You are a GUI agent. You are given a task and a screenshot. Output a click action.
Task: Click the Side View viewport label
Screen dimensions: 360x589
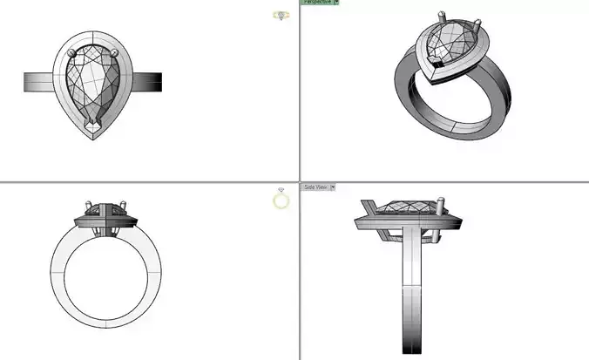[315, 187]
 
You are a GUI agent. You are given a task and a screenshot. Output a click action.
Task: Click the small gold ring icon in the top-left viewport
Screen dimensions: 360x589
[280, 16]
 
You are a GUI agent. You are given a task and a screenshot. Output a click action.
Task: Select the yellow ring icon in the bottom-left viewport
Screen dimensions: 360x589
[281, 200]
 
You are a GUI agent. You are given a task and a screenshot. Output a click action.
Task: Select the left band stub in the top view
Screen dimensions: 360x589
[38, 81]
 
